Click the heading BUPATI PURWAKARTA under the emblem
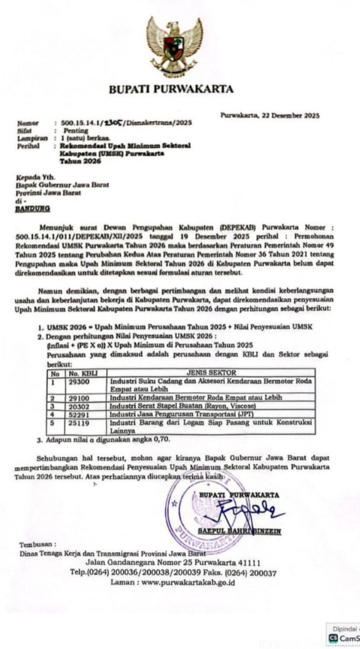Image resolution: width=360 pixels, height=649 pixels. point(171,90)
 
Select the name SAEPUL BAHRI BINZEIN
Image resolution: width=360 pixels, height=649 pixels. point(240,531)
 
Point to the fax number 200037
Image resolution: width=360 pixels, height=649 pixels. point(262,573)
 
